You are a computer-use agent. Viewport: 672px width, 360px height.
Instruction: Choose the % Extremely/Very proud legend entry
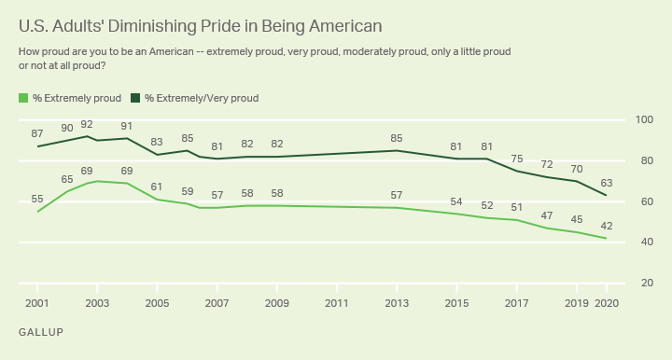(x=195, y=98)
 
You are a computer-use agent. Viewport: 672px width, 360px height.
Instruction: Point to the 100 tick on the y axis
(x=643, y=120)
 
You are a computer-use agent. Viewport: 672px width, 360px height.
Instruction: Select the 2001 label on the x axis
(x=37, y=304)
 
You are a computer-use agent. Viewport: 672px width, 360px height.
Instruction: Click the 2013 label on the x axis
(x=397, y=304)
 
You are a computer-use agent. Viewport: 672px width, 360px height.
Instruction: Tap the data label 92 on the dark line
(x=87, y=123)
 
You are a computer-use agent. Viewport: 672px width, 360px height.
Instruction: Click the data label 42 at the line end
(x=608, y=225)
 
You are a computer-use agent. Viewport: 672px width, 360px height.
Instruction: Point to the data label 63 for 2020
(x=608, y=182)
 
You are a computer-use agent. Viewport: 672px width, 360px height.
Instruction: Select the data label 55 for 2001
(x=38, y=199)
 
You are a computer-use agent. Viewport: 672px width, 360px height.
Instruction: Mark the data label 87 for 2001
(x=38, y=133)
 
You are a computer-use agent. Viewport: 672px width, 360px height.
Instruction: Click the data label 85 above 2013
(x=397, y=137)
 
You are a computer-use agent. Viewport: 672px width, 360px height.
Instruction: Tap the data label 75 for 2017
(x=517, y=158)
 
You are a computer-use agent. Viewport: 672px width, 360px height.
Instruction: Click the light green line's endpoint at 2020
(x=608, y=239)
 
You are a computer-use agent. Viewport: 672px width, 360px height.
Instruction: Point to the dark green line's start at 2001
(x=37, y=146)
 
